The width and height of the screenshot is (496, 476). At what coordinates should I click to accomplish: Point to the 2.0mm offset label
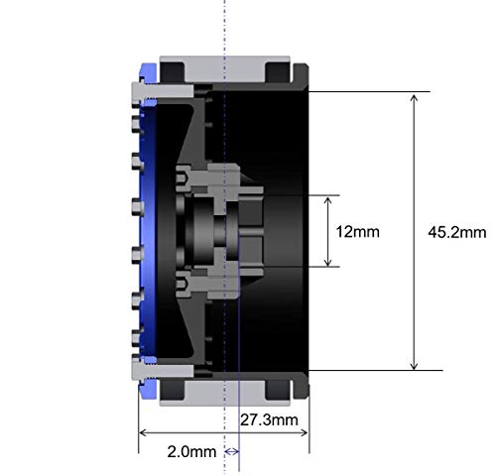(x=189, y=452)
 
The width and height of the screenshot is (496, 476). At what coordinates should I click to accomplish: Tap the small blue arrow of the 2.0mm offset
(x=232, y=452)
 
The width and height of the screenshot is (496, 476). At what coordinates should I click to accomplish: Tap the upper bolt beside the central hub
(x=186, y=179)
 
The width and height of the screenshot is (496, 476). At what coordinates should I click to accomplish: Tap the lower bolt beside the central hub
(x=186, y=287)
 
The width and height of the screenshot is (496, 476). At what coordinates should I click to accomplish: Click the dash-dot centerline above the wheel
(x=225, y=25)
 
